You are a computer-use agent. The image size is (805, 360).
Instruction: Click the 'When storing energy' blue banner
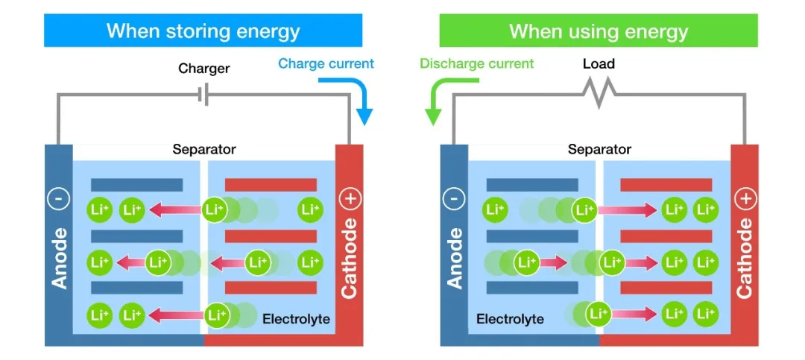pos(203,31)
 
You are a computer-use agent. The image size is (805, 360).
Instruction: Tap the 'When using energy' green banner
pos(598,31)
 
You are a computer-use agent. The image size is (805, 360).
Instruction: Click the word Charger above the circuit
pos(203,69)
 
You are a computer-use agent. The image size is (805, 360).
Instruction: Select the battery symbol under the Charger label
pos(203,95)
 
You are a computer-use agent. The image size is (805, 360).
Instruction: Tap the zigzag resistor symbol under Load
pos(599,93)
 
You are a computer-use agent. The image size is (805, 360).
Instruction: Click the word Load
pos(599,64)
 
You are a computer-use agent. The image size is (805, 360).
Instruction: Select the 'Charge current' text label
pos(326,63)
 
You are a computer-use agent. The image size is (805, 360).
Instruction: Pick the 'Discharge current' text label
pos(477,63)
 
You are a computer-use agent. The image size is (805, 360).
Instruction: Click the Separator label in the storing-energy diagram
pos(203,150)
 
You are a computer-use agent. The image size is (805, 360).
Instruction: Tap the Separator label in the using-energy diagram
pos(599,150)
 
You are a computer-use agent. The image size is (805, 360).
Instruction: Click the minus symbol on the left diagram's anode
pos(59,199)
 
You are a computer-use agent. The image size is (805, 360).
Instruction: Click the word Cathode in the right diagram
pos(745,258)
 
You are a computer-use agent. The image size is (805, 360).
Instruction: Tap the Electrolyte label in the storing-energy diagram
pos(296,319)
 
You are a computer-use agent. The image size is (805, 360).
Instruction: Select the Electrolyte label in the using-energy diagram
pos(510,319)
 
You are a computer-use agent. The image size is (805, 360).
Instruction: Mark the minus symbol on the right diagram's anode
pos(454,199)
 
